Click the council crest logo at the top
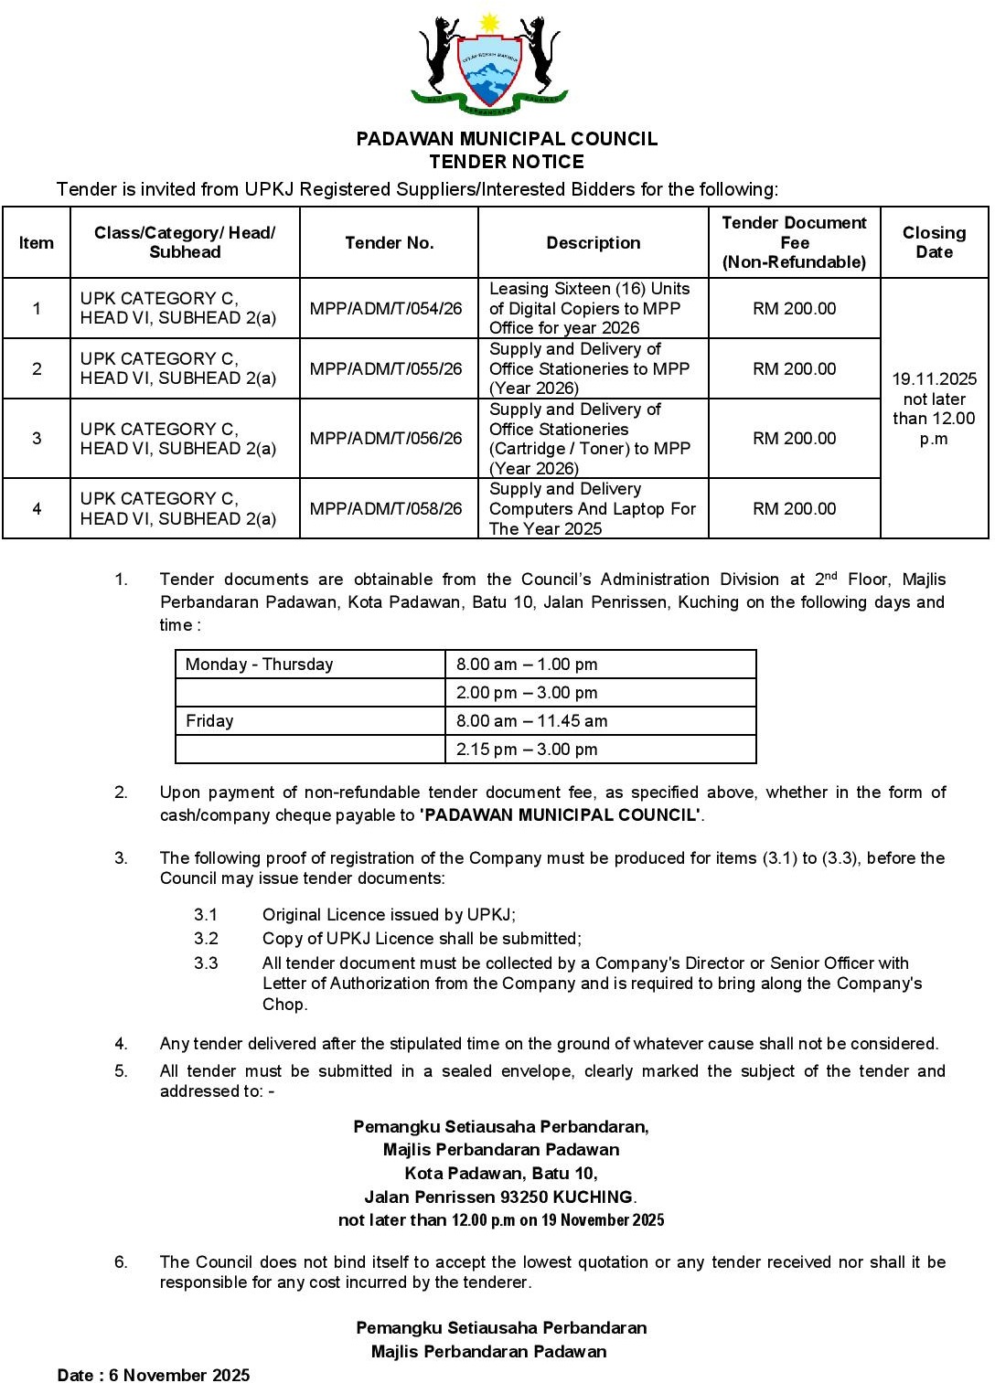490,64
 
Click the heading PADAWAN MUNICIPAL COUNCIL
507,139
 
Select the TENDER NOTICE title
507,162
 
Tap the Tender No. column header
389,243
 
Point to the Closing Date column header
934,243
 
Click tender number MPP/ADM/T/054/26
386,309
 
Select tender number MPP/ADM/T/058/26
386,509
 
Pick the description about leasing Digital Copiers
590,309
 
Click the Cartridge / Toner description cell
590,439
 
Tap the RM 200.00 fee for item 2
794,369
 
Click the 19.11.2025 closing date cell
934,408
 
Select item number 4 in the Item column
37,509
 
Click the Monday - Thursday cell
260,665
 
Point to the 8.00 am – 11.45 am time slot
531,721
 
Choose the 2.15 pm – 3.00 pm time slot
527,750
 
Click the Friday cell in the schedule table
210,721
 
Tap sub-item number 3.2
206,939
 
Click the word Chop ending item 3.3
284,1005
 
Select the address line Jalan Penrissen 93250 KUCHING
499,1197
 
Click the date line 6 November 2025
154,1375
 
